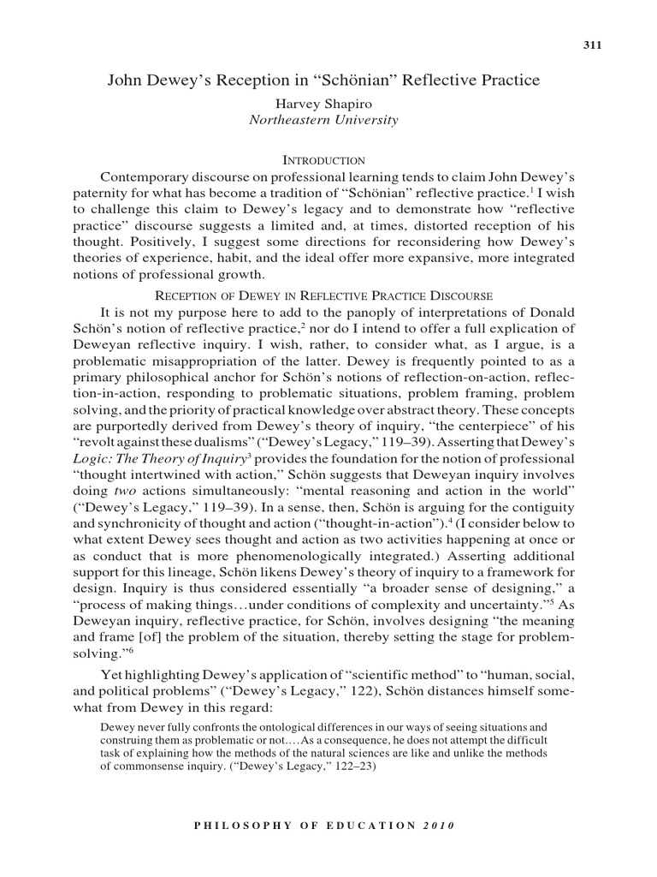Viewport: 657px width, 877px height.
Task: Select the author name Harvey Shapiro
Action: click(x=323, y=103)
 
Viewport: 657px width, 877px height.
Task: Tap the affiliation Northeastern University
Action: click(x=323, y=120)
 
